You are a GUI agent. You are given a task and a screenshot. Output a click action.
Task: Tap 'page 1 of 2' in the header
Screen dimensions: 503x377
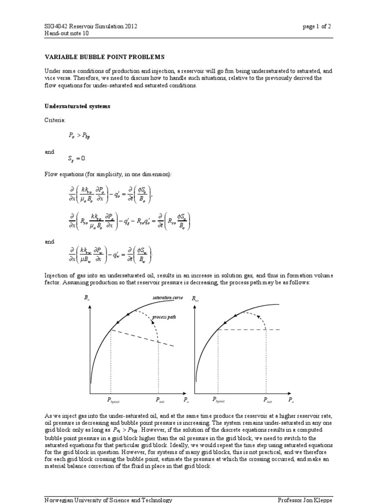(318, 27)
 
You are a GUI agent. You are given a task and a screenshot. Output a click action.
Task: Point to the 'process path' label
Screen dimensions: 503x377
(163, 317)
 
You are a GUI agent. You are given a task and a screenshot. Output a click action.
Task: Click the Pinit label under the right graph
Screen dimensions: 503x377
(268, 400)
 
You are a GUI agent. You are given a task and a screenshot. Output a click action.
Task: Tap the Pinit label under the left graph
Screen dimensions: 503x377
(160, 400)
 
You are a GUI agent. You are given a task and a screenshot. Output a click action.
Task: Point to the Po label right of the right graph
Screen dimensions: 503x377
(291, 400)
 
